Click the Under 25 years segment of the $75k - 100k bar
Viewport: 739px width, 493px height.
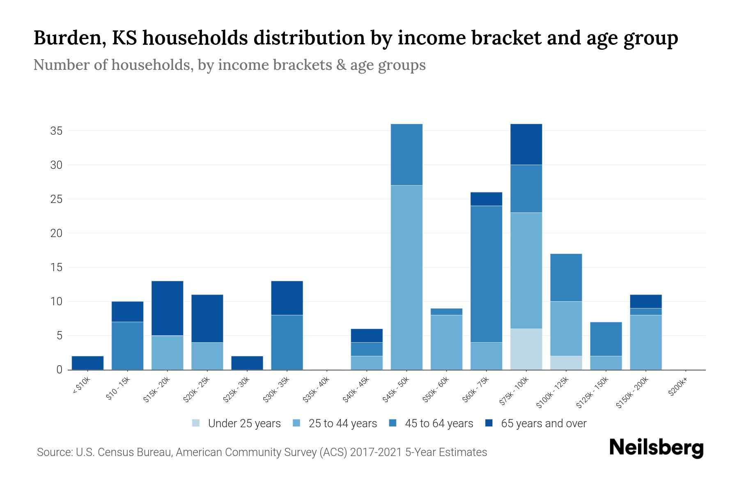526,349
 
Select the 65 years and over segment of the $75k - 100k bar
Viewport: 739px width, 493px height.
526,144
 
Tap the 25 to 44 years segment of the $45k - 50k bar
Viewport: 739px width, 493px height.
406,277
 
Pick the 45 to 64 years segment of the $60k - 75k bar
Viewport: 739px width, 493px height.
486,274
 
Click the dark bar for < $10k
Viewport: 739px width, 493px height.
87,363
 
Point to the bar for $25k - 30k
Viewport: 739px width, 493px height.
247,363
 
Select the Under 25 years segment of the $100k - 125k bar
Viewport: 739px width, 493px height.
566,363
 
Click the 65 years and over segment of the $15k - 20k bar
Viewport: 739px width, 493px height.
167,308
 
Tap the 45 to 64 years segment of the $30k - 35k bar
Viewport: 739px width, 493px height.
287,342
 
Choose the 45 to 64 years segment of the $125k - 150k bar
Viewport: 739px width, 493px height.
606,339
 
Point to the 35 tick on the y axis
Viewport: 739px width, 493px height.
56,131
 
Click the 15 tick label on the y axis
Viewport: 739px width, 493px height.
56,267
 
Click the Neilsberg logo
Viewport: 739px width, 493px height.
656,448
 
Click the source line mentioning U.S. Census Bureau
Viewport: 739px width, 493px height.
262,452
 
